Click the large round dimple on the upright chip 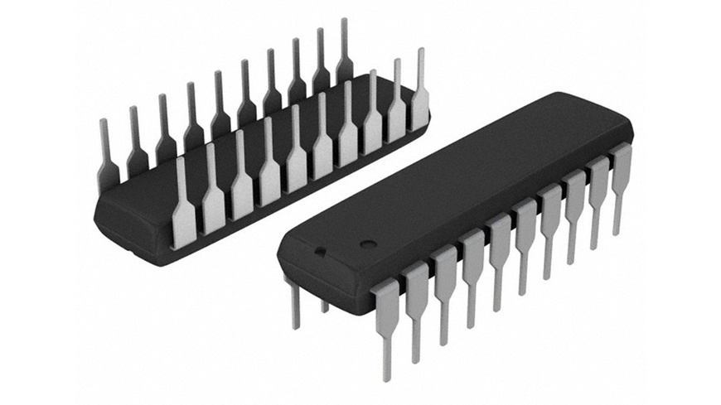(367, 243)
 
